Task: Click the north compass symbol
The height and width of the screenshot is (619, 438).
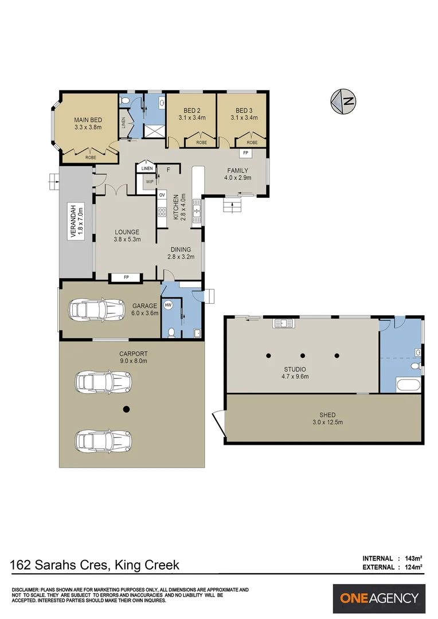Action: [343, 101]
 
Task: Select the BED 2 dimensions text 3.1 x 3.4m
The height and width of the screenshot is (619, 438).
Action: [191, 117]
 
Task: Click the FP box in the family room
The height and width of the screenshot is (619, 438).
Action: [245, 153]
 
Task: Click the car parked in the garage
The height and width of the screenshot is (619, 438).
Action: [96, 310]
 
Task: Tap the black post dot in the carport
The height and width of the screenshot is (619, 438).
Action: [127, 409]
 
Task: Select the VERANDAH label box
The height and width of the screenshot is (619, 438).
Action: [73, 221]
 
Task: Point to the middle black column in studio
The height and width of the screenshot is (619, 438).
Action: [302, 356]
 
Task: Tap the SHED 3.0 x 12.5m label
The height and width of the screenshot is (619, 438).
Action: [327, 418]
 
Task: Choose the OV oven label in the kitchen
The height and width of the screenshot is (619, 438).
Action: [162, 195]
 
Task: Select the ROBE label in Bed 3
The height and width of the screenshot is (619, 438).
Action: [252, 142]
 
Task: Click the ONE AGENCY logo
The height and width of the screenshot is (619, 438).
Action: [379, 598]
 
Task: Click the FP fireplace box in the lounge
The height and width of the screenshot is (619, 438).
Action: [126, 278]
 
